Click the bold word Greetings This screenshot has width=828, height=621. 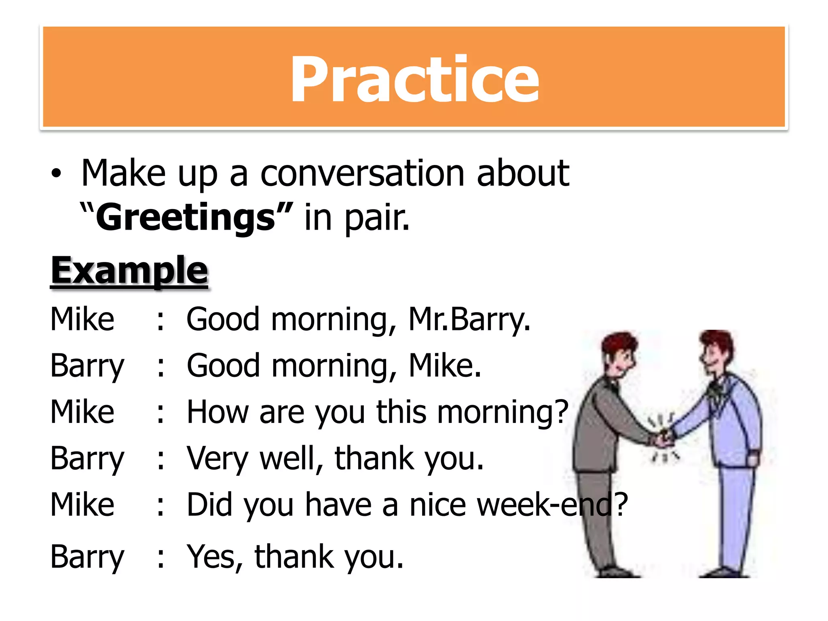click(186, 218)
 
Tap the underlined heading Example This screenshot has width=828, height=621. click(129, 270)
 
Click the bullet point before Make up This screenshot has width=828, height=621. click(57, 174)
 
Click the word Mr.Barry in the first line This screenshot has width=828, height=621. click(469, 319)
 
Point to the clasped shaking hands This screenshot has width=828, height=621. click(663, 439)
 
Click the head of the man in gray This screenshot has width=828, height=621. click(619, 352)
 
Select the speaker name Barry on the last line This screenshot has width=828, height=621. click(87, 557)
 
